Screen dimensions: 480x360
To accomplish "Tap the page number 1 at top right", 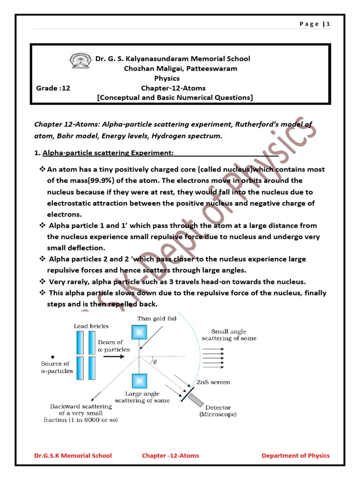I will [x=329, y=24].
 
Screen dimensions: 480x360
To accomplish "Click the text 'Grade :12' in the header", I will [x=53, y=88].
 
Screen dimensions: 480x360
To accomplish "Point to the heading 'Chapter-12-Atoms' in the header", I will [x=173, y=88].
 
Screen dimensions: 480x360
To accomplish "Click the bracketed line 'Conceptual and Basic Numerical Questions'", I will [x=175, y=97].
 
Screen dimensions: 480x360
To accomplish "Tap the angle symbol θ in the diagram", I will [x=154, y=362].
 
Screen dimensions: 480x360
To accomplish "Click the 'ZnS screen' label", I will [x=214, y=382].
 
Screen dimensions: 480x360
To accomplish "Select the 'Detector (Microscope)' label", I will [x=218, y=411].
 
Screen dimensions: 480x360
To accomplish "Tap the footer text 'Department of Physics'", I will [x=295, y=455].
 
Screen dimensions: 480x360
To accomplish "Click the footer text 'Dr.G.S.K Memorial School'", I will [x=73, y=455].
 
